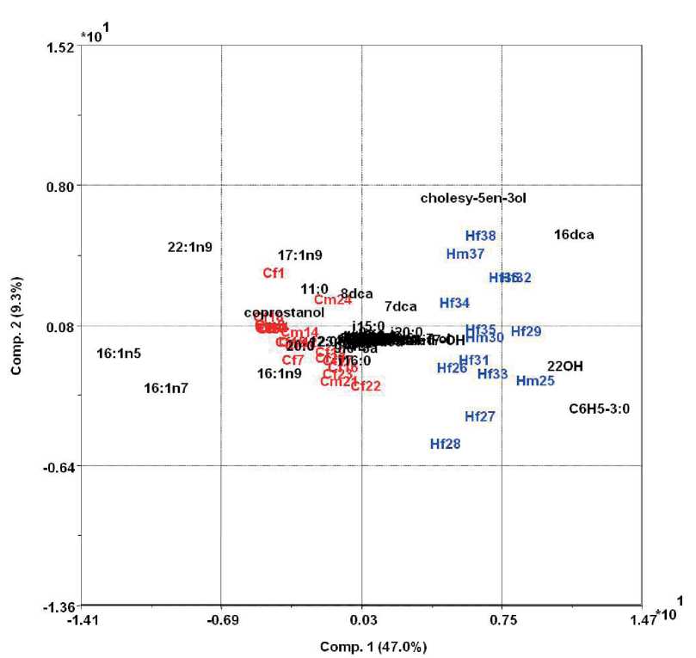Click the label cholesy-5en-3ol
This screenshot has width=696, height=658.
(x=472, y=199)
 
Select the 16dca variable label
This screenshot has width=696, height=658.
(x=574, y=234)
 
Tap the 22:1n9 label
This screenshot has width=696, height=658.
(x=189, y=248)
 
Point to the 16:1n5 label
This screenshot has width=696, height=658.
(x=119, y=354)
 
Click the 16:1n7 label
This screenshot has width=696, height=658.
(x=165, y=389)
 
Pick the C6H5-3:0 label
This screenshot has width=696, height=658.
(x=600, y=409)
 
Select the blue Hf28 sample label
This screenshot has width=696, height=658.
(x=445, y=445)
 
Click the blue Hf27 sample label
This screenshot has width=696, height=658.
(x=479, y=417)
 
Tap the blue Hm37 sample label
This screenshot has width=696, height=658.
(x=465, y=254)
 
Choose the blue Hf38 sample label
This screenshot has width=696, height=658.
(x=480, y=236)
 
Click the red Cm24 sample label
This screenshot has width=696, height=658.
(x=332, y=300)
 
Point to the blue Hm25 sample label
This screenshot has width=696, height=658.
(x=535, y=381)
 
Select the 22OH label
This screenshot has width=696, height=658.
(x=564, y=366)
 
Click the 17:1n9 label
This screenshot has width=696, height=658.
(x=299, y=255)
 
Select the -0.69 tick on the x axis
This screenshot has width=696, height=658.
(x=221, y=618)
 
